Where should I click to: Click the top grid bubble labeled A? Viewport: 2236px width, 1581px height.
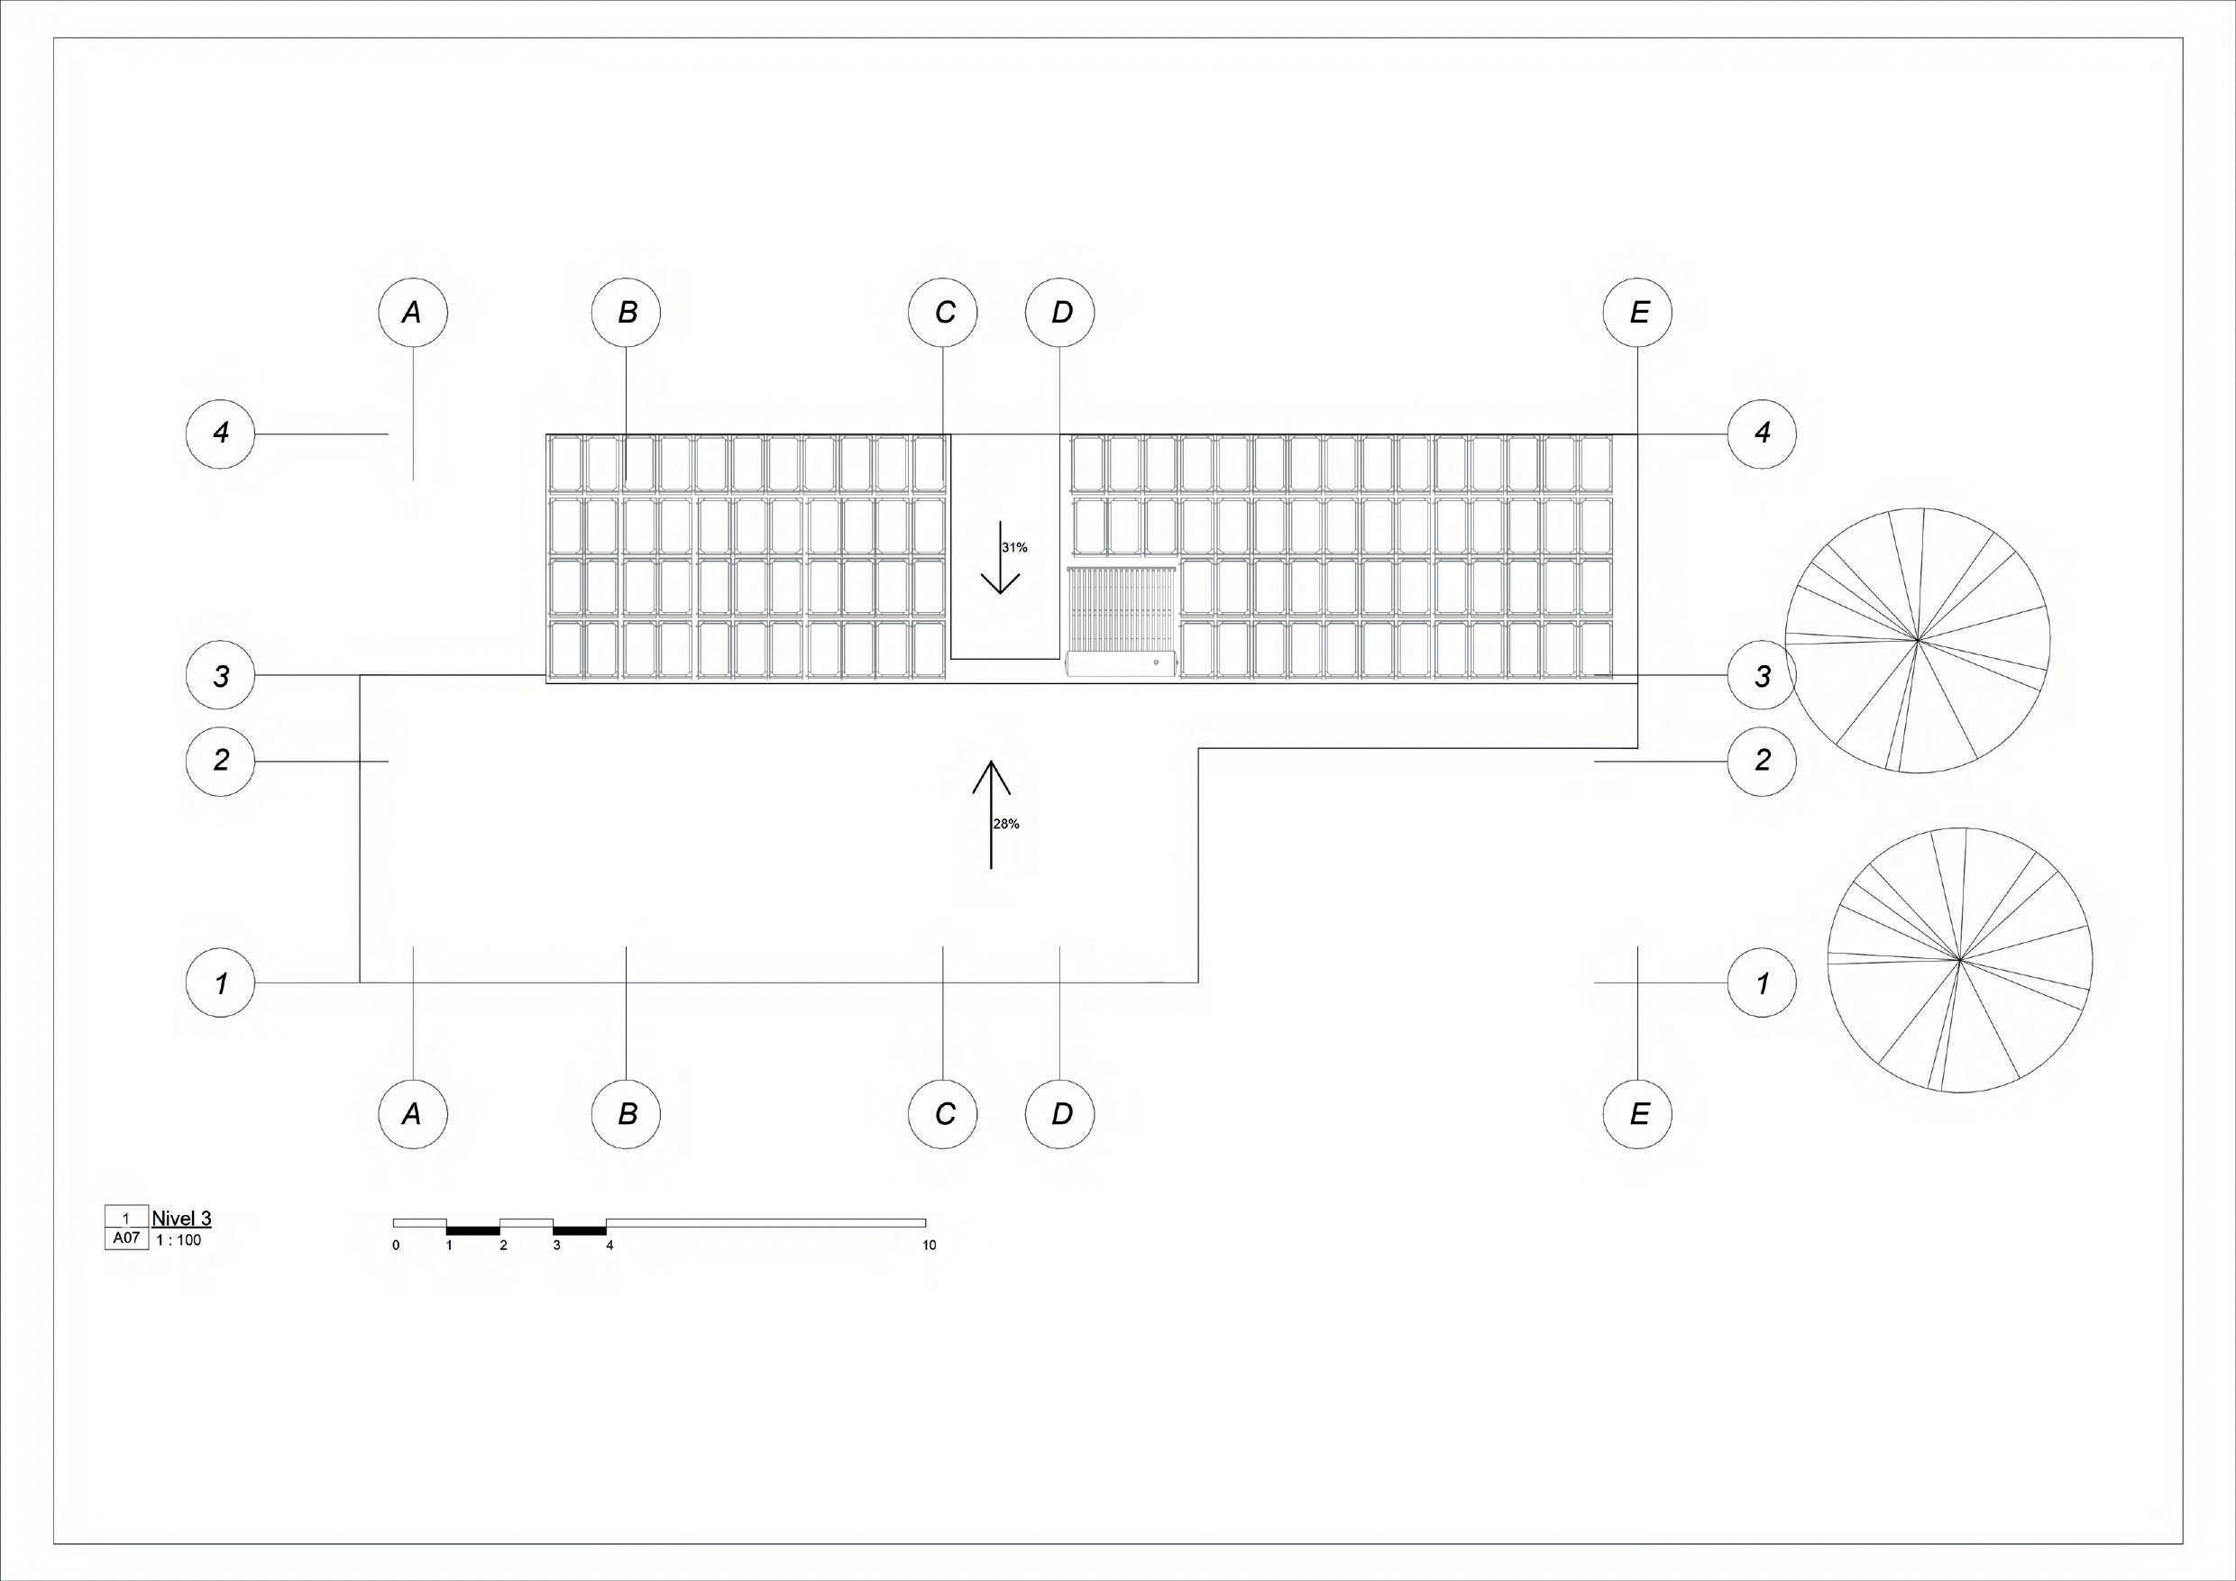pos(413,313)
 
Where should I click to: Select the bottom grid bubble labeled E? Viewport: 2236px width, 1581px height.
pos(1638,1114)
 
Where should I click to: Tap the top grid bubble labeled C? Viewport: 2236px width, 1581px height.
pos(943,313)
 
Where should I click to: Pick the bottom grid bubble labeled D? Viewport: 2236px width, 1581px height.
pos(1060,1114)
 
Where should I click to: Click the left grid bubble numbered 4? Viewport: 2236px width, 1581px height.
pos(220,433)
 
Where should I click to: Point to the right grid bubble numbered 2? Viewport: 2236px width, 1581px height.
pos(1762,761)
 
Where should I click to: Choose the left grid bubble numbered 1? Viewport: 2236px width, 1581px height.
pos(220,983)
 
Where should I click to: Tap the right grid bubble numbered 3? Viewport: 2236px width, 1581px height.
pos(1762,676)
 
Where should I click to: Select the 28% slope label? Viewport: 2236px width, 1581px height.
pos(1006,824)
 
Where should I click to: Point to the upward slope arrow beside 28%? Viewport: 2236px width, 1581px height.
pos(992,814)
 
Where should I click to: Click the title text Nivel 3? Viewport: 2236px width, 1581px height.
pos(181,1218)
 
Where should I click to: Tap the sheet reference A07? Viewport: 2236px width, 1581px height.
pos(126,1239)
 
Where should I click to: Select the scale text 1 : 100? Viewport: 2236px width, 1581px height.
pos(179,1240)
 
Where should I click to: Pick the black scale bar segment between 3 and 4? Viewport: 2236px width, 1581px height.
pos(580,1231)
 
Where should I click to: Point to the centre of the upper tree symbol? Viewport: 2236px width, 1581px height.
pos(1917,640)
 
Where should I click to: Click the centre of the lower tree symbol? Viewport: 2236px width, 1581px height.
pos(1958,960)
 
